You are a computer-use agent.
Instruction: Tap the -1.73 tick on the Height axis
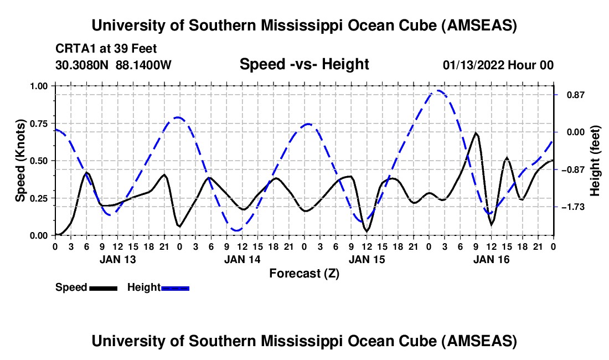pos(571,207)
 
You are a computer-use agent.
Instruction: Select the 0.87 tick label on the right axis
pos(571,95)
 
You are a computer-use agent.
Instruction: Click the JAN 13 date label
pos(117,259)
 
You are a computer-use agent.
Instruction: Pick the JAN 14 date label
pos(241,259)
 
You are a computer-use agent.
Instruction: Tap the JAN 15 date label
pos(366,259)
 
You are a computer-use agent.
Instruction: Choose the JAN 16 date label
pos(491,259)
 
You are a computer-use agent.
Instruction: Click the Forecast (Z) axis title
pos(304,273)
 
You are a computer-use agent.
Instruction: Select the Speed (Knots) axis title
pos(20,161)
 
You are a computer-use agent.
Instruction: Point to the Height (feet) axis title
pos(596,161)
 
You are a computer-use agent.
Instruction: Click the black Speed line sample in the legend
pos(103,288)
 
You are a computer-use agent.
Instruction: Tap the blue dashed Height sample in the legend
pos(176,288)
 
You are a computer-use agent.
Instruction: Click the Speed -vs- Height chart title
pos(304,65)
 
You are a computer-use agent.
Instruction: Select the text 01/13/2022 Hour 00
pos(498,65)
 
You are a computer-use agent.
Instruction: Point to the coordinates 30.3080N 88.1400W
pos(113,65)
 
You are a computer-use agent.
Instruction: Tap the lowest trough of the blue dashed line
pos(237,230)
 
